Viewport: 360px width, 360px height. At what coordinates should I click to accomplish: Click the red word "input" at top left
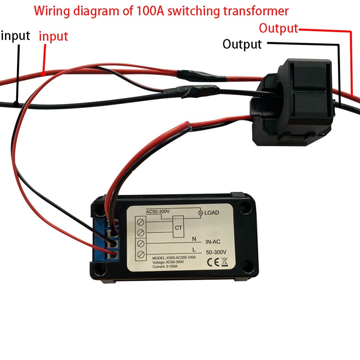point(54,36)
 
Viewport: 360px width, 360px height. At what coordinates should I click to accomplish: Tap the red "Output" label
point(279,28)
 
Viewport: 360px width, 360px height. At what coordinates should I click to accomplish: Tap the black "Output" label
point(242,44)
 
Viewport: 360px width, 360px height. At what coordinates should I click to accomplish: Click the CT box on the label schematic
point(179,228)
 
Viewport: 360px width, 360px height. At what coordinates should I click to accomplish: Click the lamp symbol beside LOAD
point(200,212)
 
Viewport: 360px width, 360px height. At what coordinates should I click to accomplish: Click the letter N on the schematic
point(194,239)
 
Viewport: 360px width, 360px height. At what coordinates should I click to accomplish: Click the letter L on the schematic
point(194,249)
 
